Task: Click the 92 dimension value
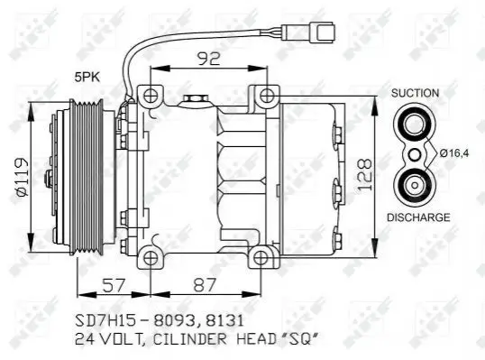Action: tap(209, 58)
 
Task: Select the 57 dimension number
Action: tap(114, 285)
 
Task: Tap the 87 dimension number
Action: tap(204, 285)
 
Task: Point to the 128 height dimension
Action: tap(364, 174)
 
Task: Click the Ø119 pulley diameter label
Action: tap(23, 177)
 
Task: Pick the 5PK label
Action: tap(87, 78)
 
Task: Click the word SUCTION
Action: tap(415, 93)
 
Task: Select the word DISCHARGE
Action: tap(418, 217)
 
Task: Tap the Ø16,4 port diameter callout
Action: tap(454, 152)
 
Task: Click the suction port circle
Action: tap(415, 125)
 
